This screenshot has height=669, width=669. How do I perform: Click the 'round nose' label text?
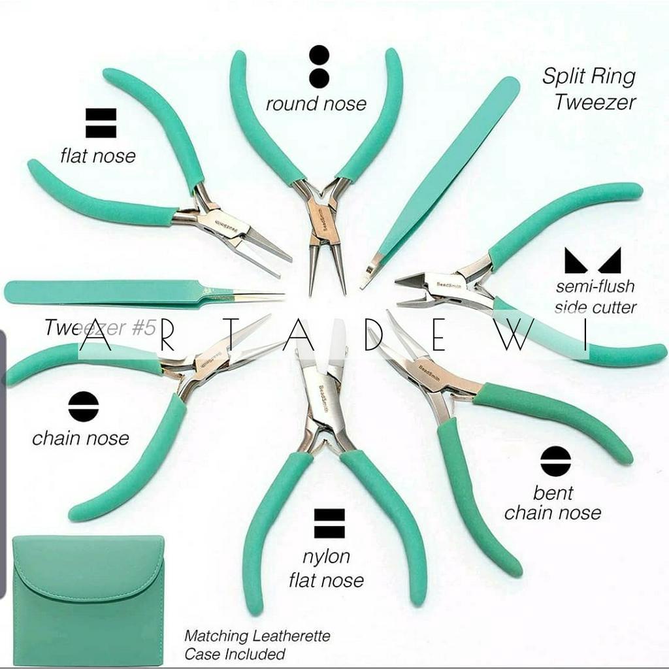316,104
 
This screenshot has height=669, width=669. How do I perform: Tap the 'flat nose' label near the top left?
98,155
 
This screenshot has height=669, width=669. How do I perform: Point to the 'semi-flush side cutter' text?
595,296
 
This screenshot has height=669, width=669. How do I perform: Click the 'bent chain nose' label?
553,502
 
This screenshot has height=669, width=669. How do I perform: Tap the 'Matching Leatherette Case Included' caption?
257,644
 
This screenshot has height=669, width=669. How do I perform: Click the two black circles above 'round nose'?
319,67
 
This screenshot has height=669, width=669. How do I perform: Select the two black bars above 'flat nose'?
101,123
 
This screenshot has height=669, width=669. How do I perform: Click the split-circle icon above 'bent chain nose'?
555,462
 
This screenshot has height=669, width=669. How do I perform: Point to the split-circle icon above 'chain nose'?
84,407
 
